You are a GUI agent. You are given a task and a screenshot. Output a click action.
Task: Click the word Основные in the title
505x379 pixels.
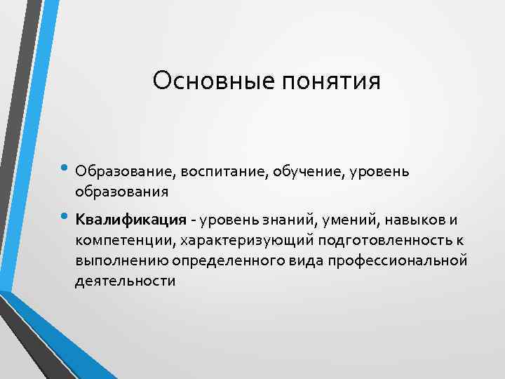(x=213, y=81)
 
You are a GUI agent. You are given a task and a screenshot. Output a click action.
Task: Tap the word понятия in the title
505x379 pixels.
(x=330, y=81)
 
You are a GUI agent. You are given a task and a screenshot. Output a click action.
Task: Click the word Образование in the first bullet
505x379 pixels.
(x=127, y=171)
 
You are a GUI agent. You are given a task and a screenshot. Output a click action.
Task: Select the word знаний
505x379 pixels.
(x=287, y=221)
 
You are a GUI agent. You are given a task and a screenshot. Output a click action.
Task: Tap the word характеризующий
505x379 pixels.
(x=246, y=241)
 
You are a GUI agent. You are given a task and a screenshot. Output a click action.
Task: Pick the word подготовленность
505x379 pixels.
(x=382, y=241)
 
